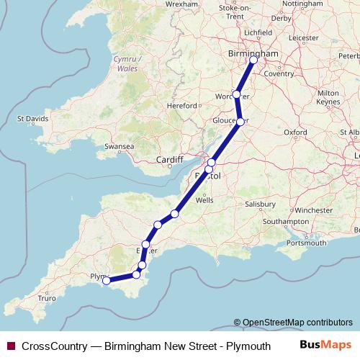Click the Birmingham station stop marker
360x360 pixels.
point(253,60)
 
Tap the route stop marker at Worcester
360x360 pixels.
point(236,94)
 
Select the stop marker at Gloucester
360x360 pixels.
point(240,122)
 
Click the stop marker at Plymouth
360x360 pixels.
point(107,281)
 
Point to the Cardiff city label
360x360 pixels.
point(171,160)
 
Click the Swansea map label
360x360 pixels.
point(120,146)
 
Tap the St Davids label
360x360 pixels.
point(32,118)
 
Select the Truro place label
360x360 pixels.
point(47,297)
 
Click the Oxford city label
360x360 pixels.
point(296,132)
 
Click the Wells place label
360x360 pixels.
point(204,202)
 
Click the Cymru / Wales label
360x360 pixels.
point(127,63)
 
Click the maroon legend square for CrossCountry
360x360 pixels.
point(11,346)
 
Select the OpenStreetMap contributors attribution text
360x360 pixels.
point(297,323)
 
